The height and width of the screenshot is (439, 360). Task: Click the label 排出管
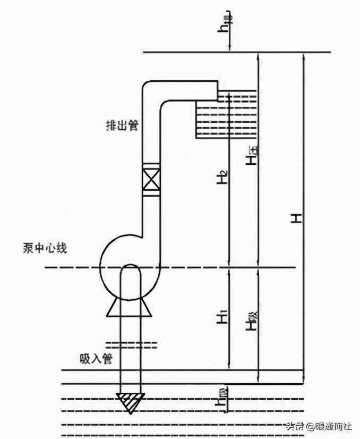coord(122,125)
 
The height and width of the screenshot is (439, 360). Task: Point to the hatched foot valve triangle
coord(131,403)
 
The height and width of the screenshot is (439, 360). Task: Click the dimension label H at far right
coord(298,217)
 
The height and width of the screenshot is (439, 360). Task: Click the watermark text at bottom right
coord(319,426)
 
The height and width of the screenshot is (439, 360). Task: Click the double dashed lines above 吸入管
coord(132,344)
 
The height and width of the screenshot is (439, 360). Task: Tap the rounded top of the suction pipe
coord(131,269)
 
